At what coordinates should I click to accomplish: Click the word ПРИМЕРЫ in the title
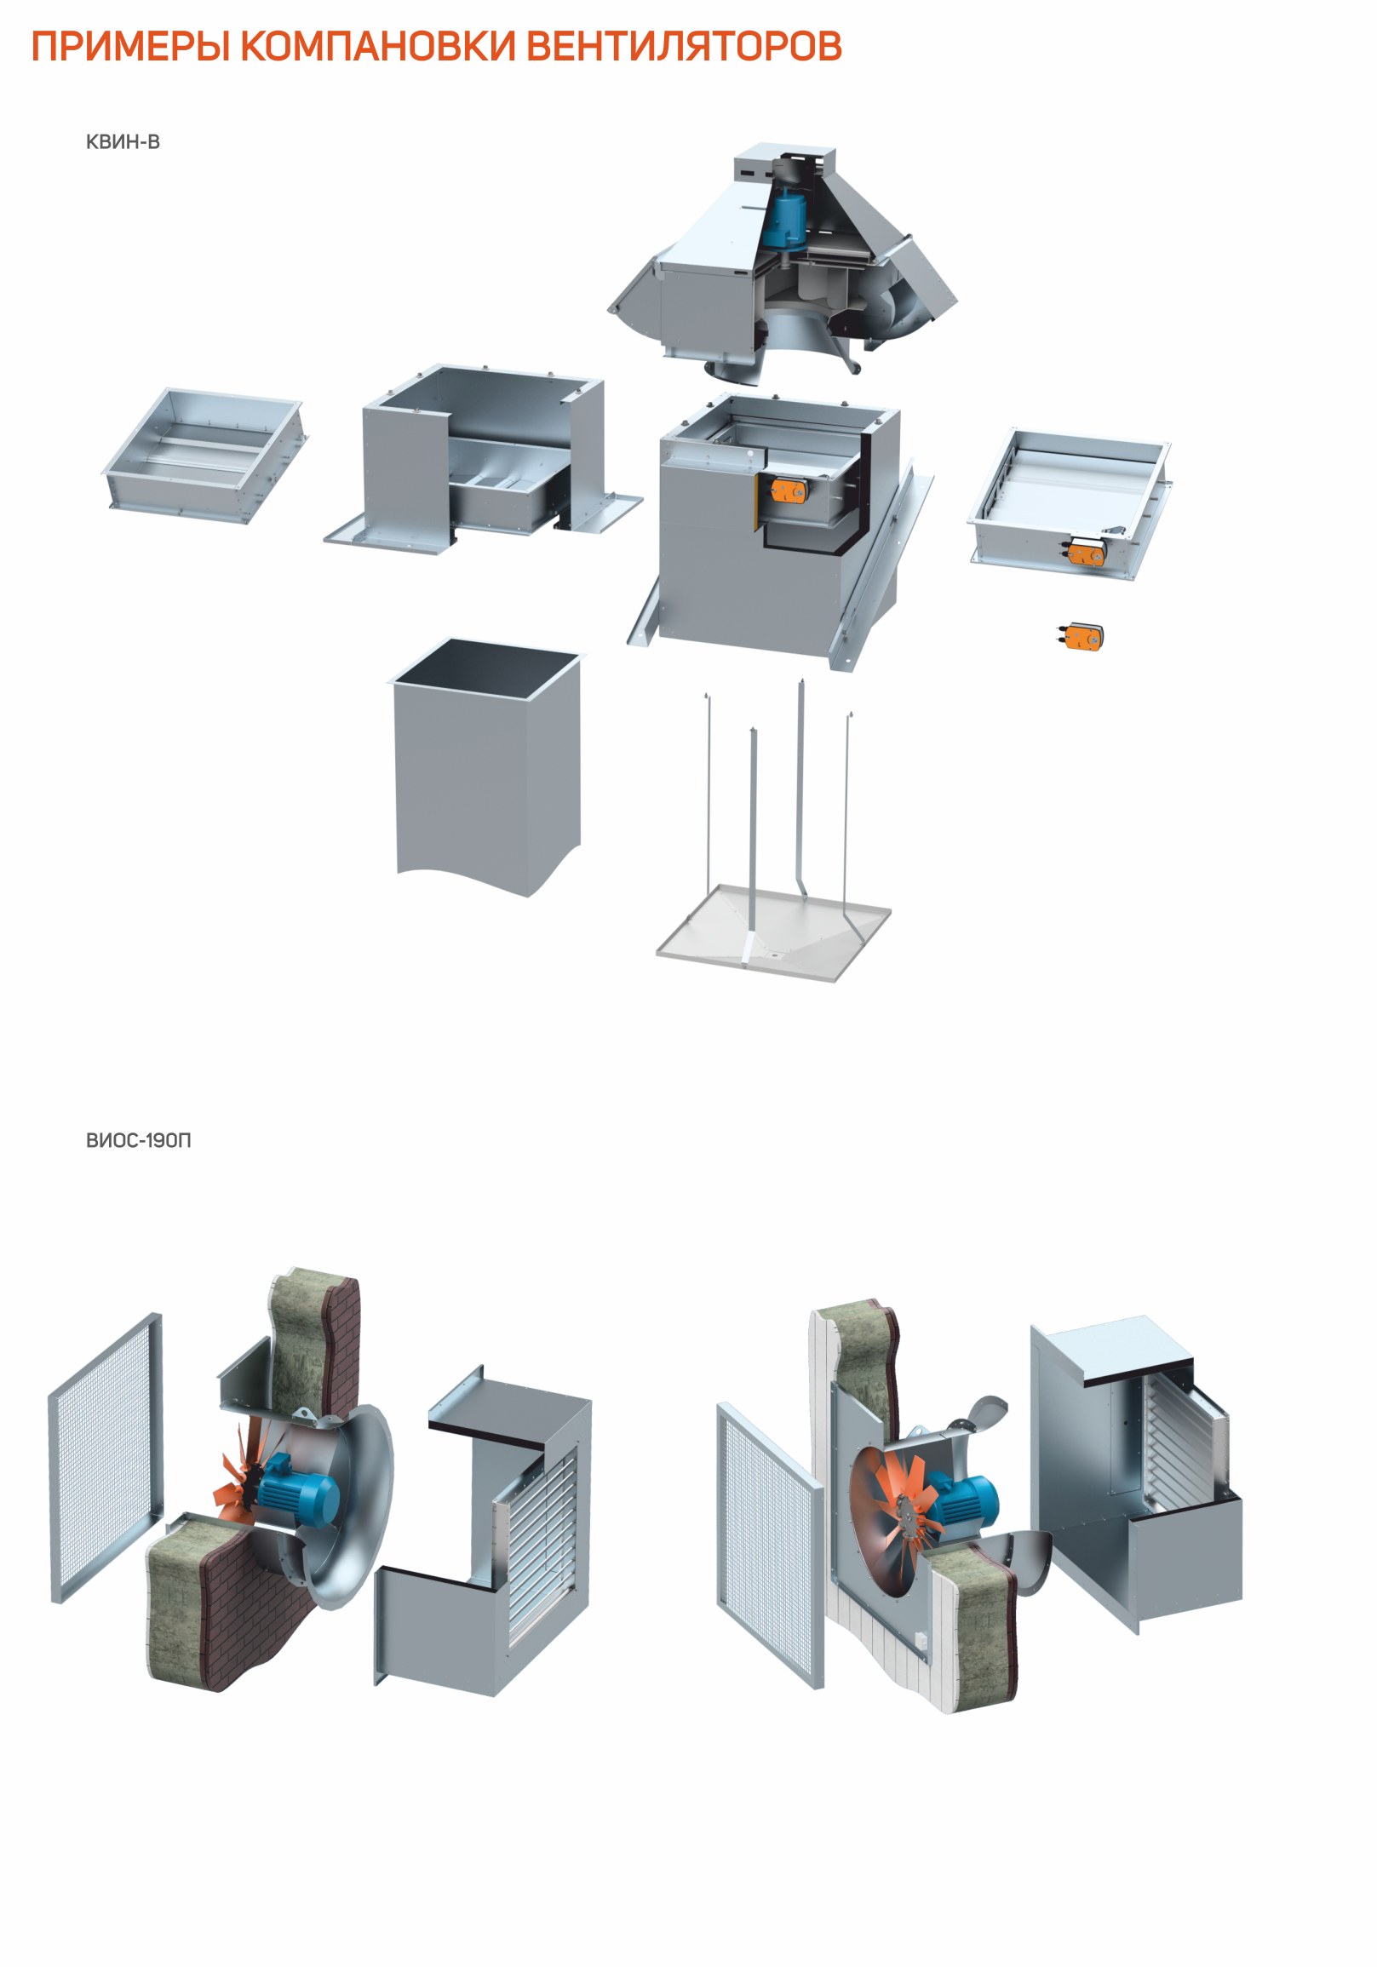pyautogui.click(x=130, y=47)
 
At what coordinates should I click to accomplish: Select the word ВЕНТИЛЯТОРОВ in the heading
pyautogui.click(x=683, y=46)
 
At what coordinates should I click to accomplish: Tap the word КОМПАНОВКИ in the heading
pyautogui.click(x=377, y=46)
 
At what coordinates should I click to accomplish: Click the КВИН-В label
pyautogui.click(x=123, y=142)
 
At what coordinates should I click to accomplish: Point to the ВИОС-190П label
pyautogui.click(x=138, y=1140)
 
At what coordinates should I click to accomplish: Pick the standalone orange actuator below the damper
pyautogui.click(x=1081, y=636)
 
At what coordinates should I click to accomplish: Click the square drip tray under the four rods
pyautogui.click(x=774, y=932)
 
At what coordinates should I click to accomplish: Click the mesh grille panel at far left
pyautogui.click(x=106, y=1456)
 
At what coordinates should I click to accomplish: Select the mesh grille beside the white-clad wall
pyautogui.click(x=770, y=1542)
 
